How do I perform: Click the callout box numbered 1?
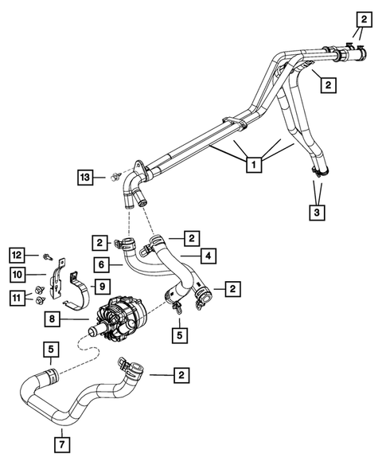point(253,166)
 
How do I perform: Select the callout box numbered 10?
point(18,275)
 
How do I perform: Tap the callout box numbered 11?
point(18,298)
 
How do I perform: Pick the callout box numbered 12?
point(18,254)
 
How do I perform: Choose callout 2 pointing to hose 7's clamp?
point(182,373)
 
